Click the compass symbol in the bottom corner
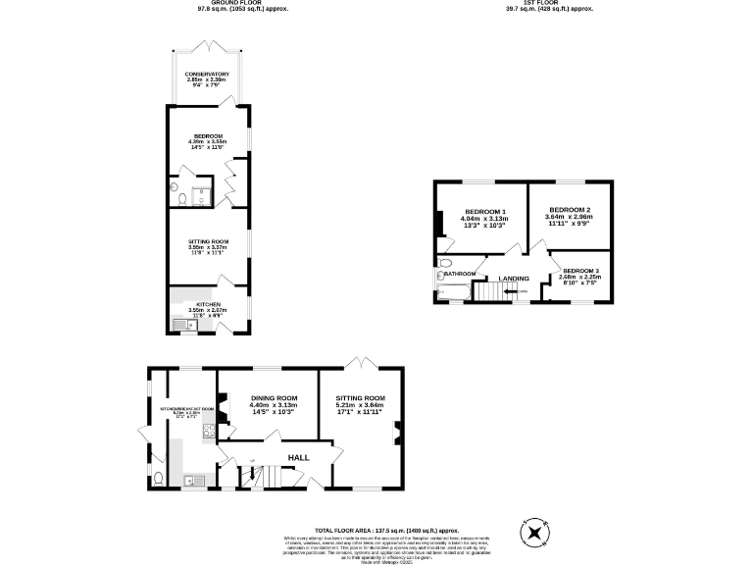534,533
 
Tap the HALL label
299,457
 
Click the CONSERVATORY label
207,74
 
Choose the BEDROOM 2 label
569,209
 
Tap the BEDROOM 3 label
579,270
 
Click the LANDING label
514,279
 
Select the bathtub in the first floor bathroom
454,291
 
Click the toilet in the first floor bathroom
445,264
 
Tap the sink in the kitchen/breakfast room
194,480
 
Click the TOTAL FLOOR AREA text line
376,529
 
